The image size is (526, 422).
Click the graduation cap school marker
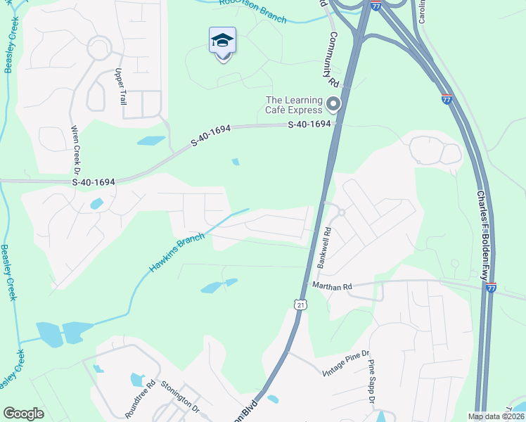(222, 41)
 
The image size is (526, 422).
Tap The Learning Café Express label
(294, 105)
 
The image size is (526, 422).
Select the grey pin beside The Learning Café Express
(333, 105)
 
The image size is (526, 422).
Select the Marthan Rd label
(332, 286)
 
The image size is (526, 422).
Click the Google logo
(23, 414)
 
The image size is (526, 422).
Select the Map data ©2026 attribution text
(495, 416)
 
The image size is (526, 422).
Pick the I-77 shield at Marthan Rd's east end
(491, 287)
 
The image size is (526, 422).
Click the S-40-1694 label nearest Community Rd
(309, 124)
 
